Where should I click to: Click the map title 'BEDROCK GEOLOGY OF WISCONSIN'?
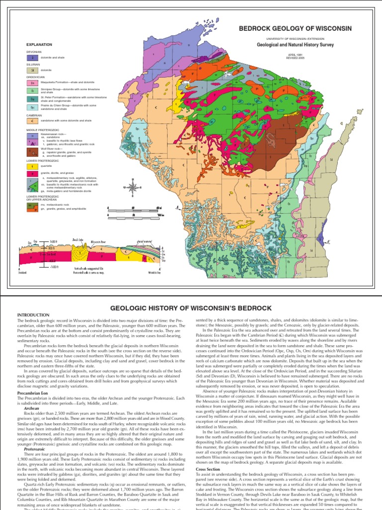click(296, 28)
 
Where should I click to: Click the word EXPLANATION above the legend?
click(39, 44)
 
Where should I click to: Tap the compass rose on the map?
click(132, 188)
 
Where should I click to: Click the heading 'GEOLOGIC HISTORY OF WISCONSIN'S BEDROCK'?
click(191, 308)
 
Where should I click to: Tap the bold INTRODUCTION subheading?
click(34, 316)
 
